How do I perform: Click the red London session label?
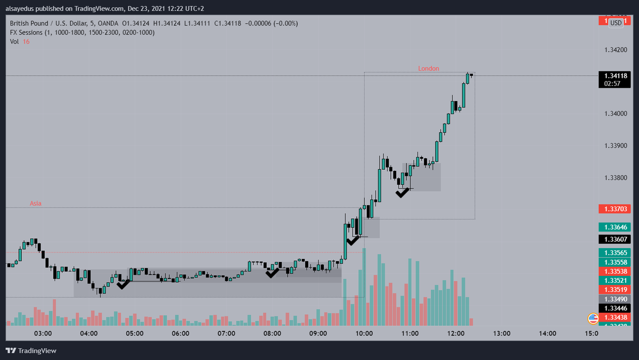pos(428,68)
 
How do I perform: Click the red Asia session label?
pos(35,203)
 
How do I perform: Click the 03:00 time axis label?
pos(43,334)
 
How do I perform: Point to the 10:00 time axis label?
pos(364,334)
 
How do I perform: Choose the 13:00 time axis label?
pos(502,334)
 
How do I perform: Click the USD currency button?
pos(616,23)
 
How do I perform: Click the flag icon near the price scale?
pos(593,318)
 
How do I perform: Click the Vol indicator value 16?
pos(26,41)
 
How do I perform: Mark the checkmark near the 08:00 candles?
pos(272,273)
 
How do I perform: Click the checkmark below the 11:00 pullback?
pos(403,192)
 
